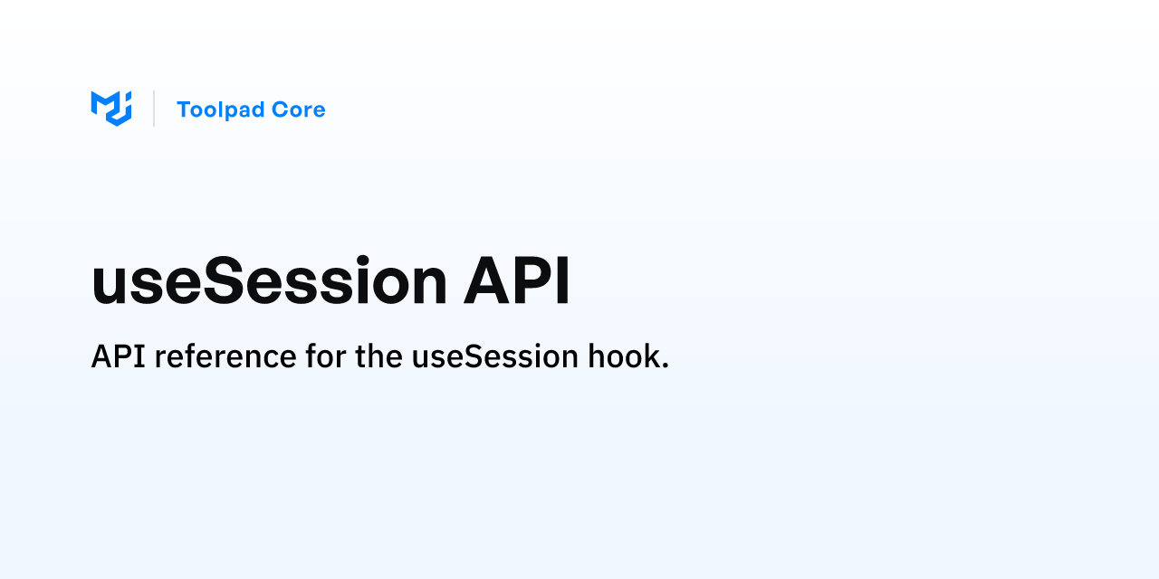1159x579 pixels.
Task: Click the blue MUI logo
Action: (x=111, y=109)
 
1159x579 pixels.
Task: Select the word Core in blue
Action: (x=299, y=109)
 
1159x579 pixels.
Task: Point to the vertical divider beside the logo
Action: (x=154, y=109)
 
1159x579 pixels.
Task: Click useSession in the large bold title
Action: (x=269, y=280)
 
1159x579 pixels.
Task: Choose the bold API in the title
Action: (x=516, y=280)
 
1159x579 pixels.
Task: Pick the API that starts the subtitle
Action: (x=118, y=356)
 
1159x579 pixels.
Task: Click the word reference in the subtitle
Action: (x=225, y=356)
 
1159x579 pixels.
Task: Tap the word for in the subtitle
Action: (x=325, y=356)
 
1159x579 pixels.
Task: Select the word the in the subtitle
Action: (x=378, y=356)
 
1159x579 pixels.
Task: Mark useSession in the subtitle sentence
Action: (x=495, y=356)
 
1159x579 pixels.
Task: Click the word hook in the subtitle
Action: (x=624, y=356)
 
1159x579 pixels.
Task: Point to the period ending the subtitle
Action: (x=665, y=365)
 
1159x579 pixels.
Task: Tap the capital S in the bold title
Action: (x=224, y=280)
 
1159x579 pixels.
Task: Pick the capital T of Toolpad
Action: (x=186, y=109)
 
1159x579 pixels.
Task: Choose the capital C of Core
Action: (x=280, y=109)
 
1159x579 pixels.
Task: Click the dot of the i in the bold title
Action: (x=362, y=261)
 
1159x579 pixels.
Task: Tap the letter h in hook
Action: (x=597, y=356)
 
